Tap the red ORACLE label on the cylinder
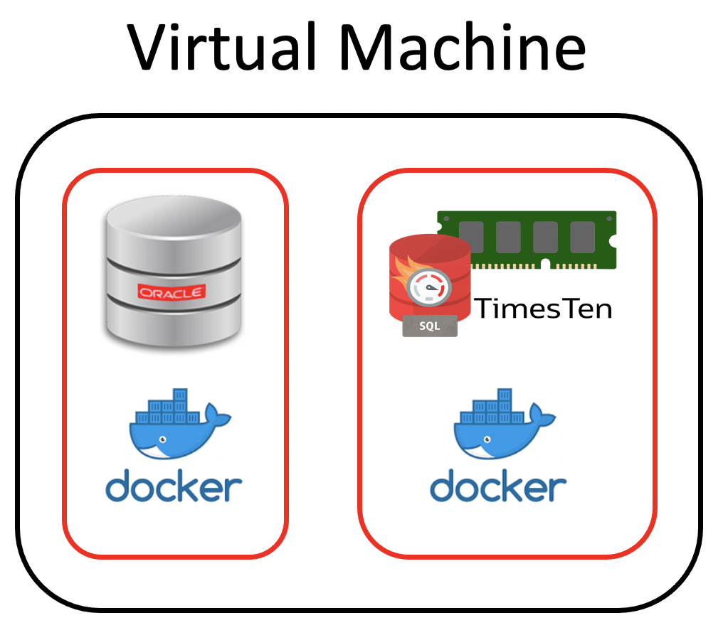pyautogui.click(x=171, y=292)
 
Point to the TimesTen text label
pyautogui.click(x=543, y=309)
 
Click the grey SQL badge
pyautogui.click(x=430, y=326)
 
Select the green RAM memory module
pyautogui.click(x=527, y=239)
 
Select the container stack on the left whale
pyautogui.click(x=164, y=408)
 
